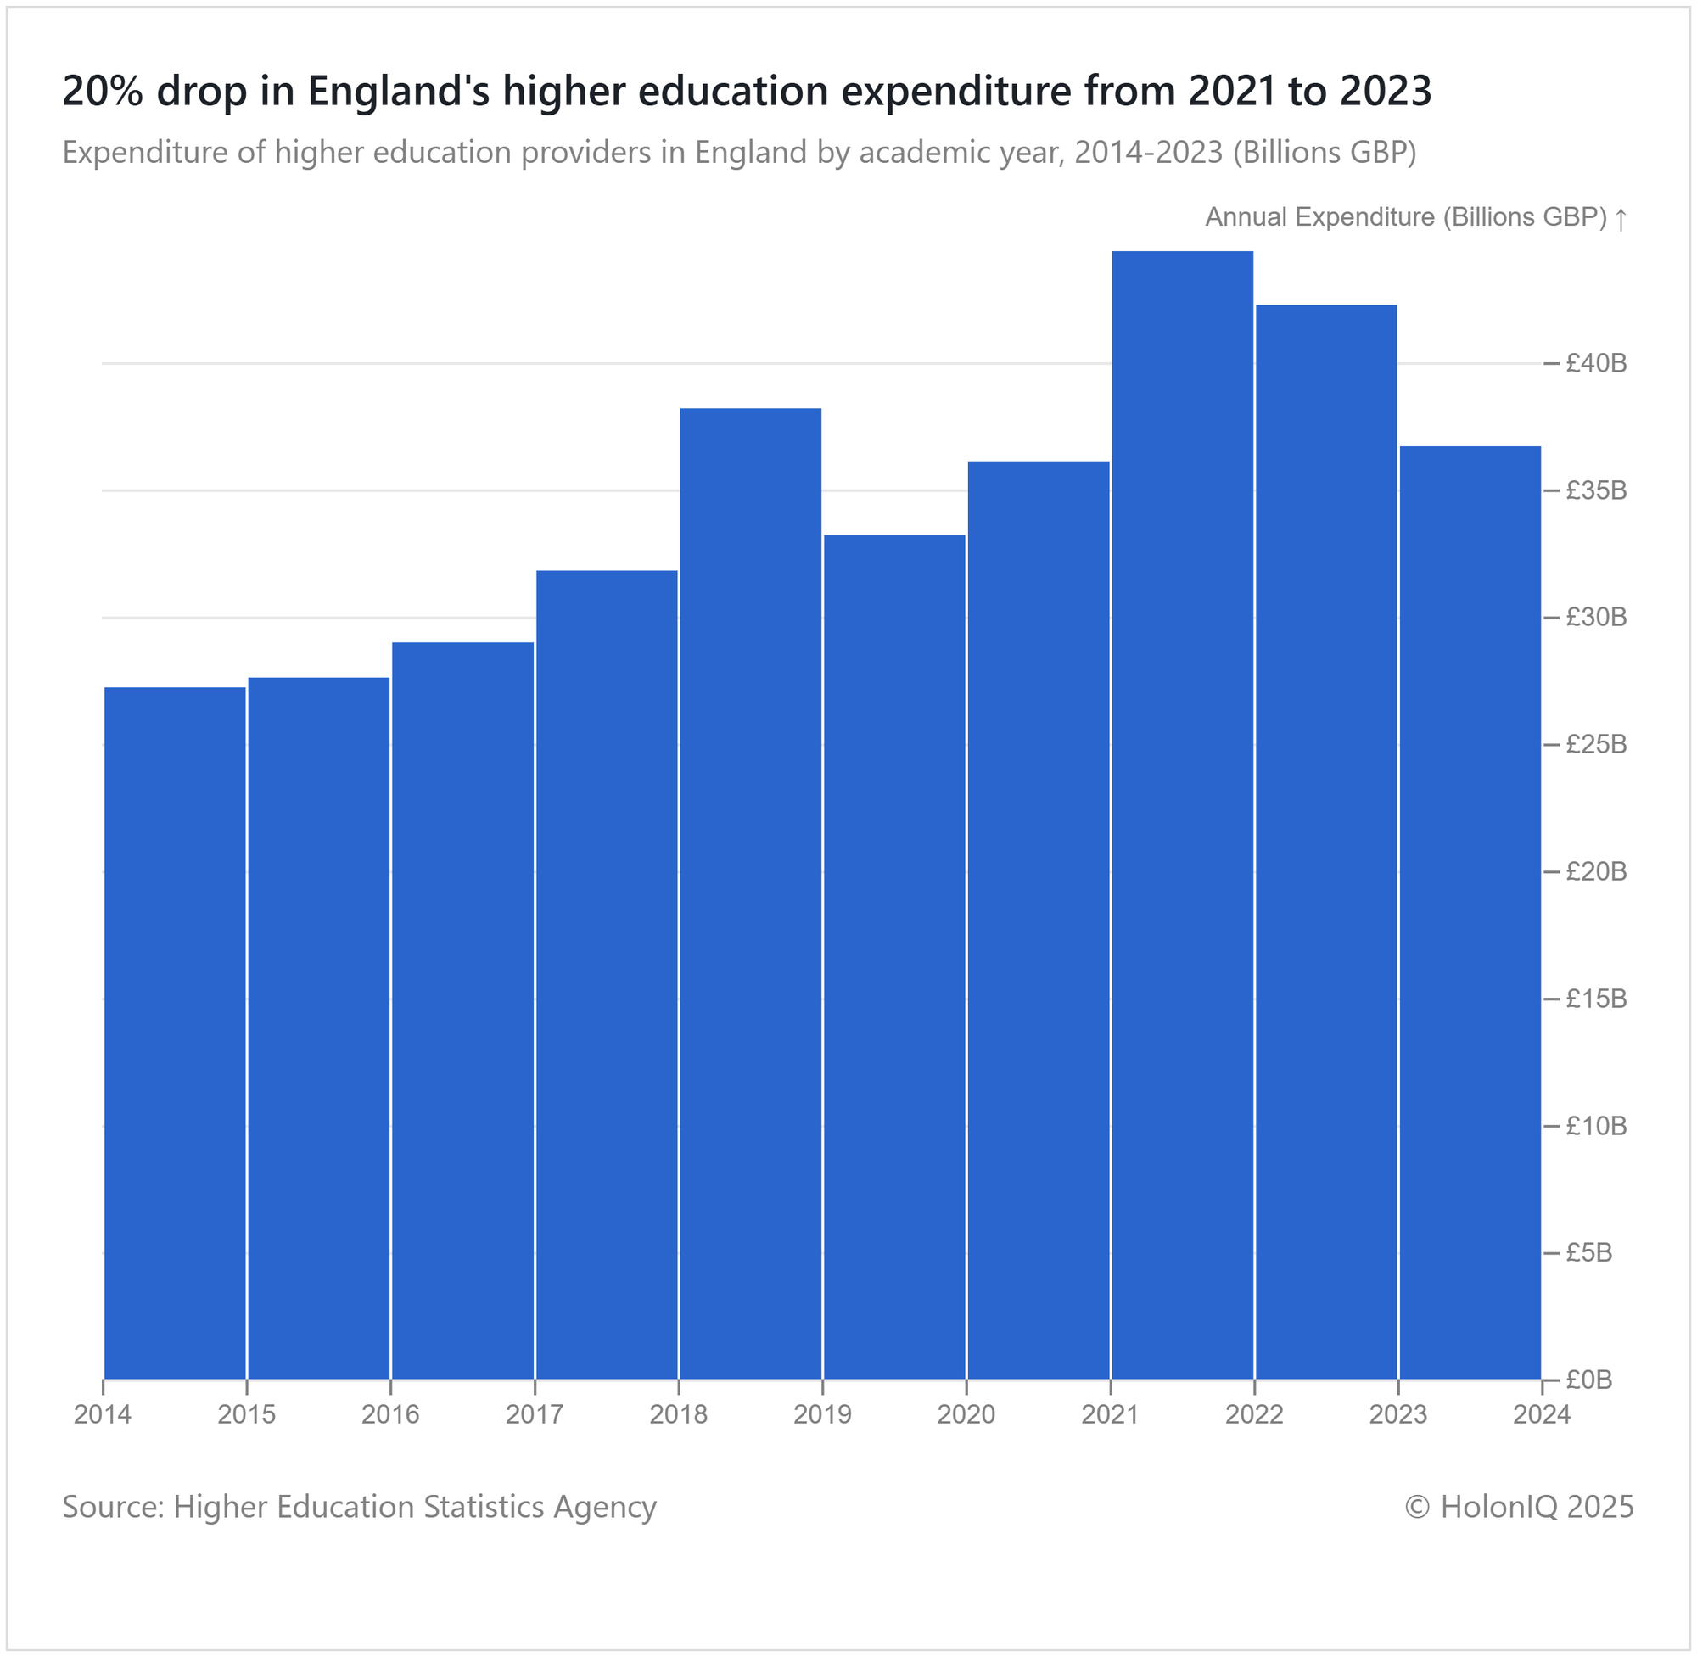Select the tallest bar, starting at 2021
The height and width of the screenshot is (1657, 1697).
[x=1183, y=815]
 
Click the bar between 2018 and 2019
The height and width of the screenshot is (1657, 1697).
[x=750, y=893]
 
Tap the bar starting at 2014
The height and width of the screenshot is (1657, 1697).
[x=175, y=1034]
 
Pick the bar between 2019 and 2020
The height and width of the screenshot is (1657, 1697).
[x=894, y=957]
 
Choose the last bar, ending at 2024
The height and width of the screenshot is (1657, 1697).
[x=1470, y=913]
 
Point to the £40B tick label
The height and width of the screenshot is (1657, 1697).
[x=1596, y=364]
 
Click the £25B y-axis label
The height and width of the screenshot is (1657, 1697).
[x=1596, y=745]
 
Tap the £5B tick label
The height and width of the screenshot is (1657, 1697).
[x=1589, y=1253]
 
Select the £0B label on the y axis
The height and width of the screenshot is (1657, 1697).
[x=1589, y=1380]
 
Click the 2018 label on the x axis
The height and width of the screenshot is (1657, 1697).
[x=679, y=1415]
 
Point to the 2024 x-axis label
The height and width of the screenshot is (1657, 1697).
[x=1542, y=1415]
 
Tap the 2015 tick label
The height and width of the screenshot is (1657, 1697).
[x=247, y=1415]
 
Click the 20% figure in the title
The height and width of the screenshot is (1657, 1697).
[x=103, y=92]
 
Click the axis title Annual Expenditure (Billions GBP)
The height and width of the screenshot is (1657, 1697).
[x=1405, y=217]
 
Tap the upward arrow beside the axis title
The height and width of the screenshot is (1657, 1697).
[x=1621, y=218]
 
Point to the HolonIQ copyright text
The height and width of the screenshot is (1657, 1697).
[x=1520, y=1508]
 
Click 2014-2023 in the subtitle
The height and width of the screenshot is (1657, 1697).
[x=1149, y=153]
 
